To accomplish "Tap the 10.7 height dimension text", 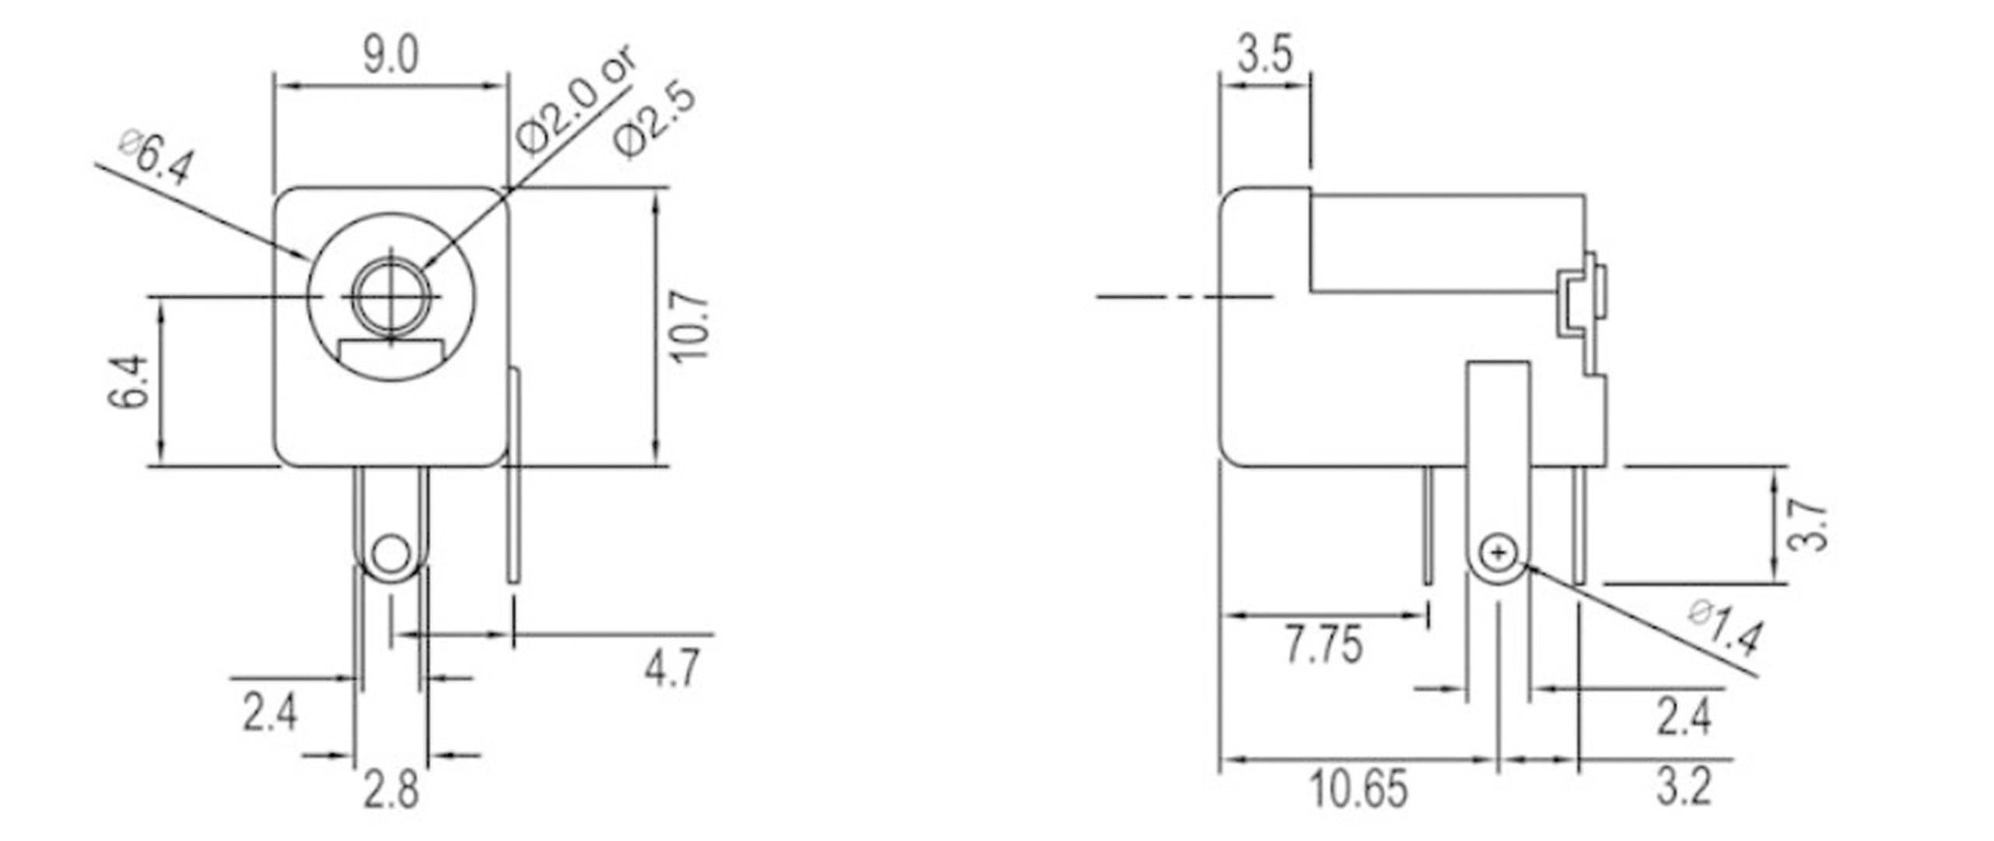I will [x=691, y=326].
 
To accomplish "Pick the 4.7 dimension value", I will [x=672, y=668].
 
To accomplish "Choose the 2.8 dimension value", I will [x=391, y=790].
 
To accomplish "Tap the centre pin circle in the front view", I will [x=390, y=296].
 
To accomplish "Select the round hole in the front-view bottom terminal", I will [x=389, y=555].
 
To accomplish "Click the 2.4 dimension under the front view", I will [x=269, y=714].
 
